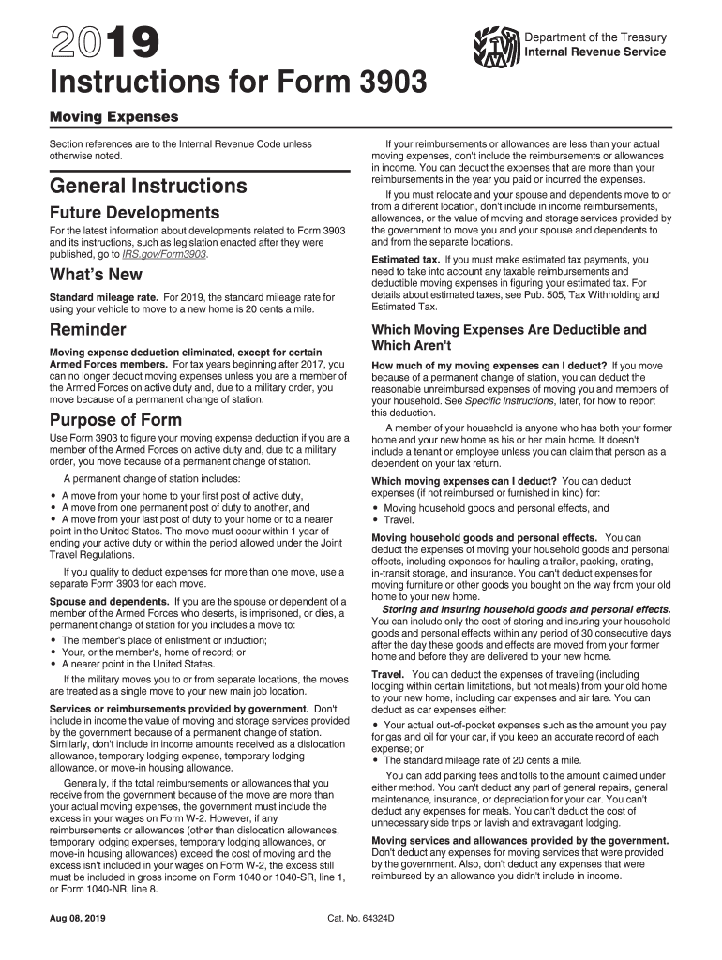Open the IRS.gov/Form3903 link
169,254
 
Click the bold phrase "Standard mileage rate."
104,297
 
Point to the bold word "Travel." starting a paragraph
388,674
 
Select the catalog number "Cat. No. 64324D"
361,919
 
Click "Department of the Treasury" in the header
595,37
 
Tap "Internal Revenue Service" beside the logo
595,52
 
